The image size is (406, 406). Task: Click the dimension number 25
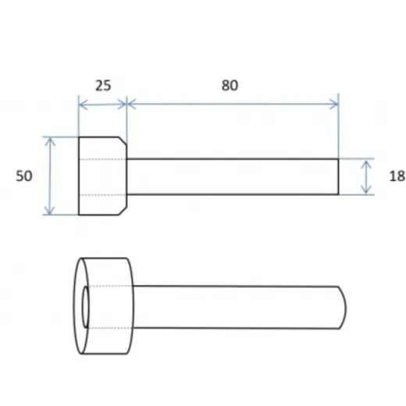103,85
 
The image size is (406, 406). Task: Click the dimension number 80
230,85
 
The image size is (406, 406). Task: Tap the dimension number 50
24,176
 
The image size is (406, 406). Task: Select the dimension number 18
397,176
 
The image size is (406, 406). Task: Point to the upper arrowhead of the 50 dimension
49,141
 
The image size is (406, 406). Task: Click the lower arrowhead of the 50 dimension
49,211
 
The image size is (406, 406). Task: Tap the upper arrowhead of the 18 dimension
366,163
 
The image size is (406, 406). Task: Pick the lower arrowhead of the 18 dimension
366,190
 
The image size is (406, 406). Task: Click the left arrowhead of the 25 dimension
82,105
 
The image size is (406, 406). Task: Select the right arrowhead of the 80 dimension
335,104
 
